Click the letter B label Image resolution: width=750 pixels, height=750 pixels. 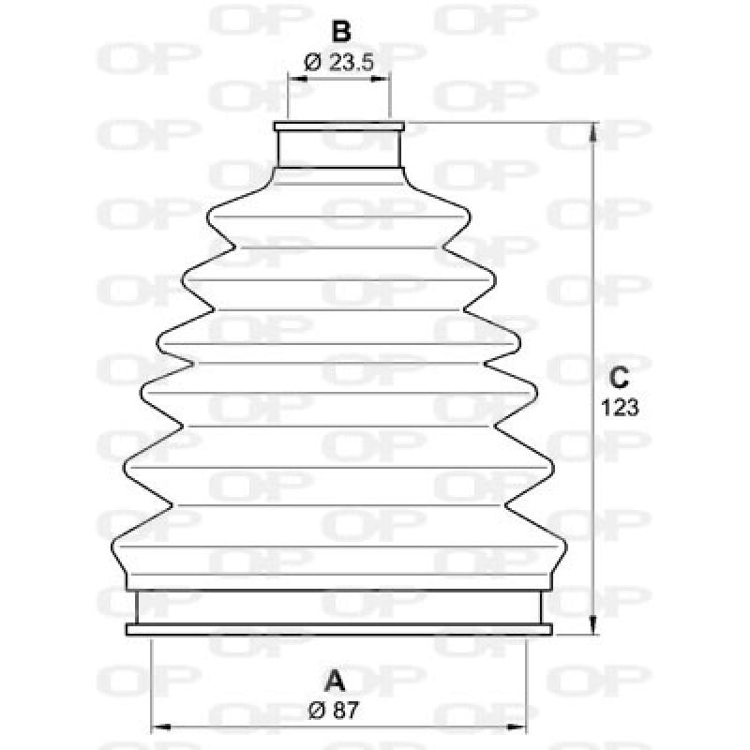tap(341, 31)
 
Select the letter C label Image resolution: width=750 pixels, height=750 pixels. tap(617, 378)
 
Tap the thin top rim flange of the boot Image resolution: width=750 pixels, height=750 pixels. tap(339, 126)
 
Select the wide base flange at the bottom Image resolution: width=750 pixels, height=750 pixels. tap(338, 629)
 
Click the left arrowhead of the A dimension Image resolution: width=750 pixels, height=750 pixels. tap(157, 725)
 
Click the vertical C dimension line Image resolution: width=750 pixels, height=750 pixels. tap(592, 281)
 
